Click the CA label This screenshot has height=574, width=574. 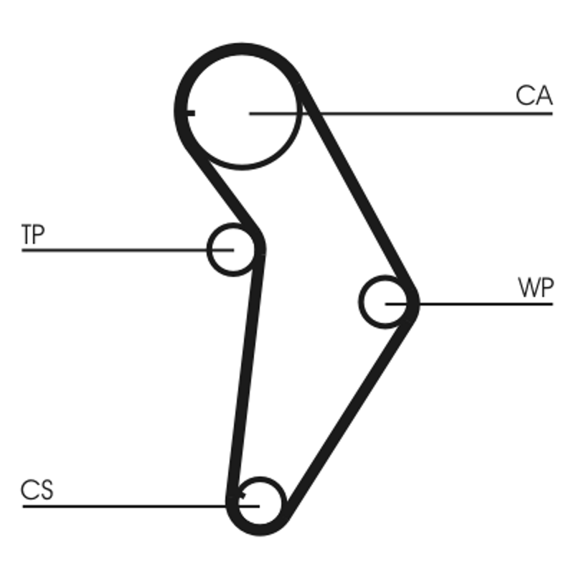coord(534,95)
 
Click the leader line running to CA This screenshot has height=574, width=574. coord(430,113)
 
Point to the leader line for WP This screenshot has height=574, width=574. coord(488,304)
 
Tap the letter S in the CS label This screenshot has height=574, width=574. coord(46,491)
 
